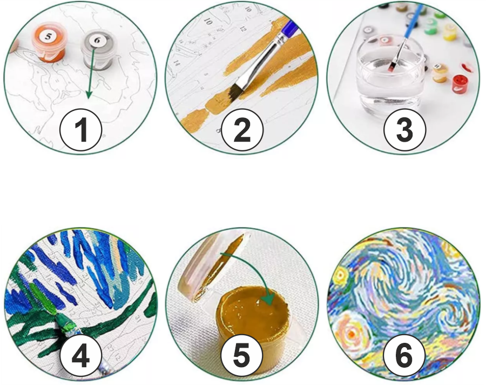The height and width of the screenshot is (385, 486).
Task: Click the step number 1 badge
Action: [x=81, y=130]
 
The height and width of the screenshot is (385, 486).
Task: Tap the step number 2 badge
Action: [x=242, y=130]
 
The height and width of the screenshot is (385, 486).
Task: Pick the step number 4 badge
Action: [x=81, y=356]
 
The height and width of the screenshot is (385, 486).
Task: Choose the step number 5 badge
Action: [x=242, y=356]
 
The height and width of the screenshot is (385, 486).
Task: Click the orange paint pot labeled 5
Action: [x=49, y=43]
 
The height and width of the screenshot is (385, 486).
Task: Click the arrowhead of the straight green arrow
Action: [x=89, y=95]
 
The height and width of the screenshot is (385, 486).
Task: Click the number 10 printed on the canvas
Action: [x=208, y=22]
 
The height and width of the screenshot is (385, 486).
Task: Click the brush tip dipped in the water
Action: [x=391, y=67]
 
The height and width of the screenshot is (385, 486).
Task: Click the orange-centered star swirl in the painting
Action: [x=351, y=334]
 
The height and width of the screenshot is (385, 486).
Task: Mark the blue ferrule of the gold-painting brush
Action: [x=290, y=28]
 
